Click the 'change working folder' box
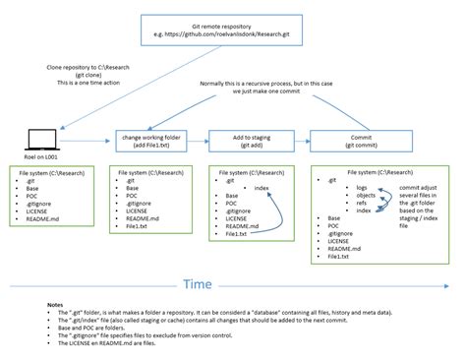[x=153, y=140]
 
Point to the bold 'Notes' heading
[x=56, y=305]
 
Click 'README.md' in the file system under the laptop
[x=47, y=217]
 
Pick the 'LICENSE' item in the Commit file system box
[x=337, y=240]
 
